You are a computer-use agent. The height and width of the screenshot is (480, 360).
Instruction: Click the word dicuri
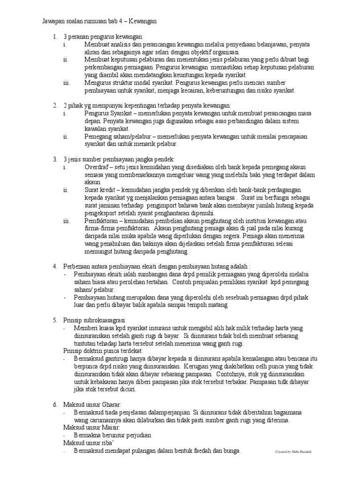126,389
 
